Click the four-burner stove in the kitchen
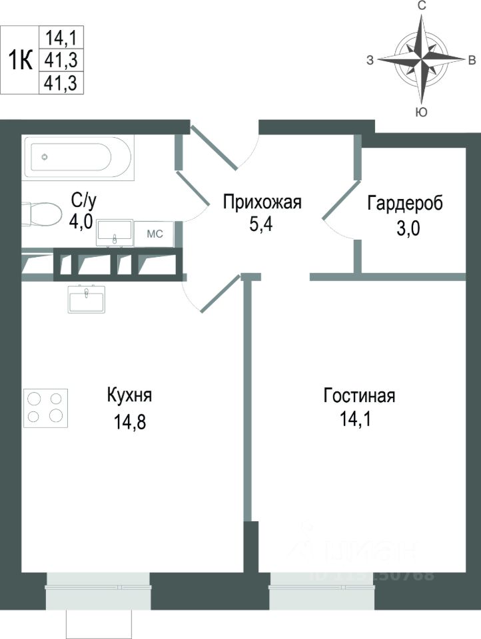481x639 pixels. point(46,408)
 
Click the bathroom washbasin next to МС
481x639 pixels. point(115,232)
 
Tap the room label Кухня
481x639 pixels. point(130,395)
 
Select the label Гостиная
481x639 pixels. point(359,396)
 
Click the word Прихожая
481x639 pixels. point(262,202)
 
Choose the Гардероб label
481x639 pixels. point(405,202)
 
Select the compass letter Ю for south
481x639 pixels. point(421,112)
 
